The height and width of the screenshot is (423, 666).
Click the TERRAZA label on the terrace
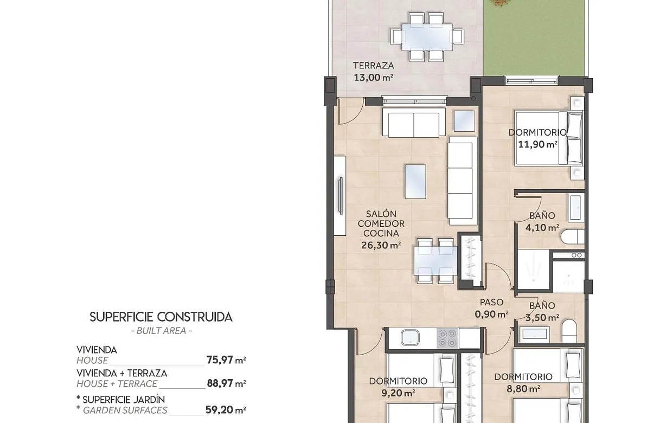(373, 66)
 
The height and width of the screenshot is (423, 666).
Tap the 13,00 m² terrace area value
(373, 78)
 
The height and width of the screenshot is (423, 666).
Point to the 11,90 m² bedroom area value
(537, 144)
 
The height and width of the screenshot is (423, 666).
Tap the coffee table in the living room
(415, 181)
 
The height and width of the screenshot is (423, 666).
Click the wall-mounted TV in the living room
(340, 195)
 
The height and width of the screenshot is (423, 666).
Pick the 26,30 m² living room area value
(381, 245)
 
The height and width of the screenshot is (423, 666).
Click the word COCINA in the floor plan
(381, 234)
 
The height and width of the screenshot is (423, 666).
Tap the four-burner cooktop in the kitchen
(448, 338)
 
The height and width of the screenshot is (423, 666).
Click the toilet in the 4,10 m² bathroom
(573, 238)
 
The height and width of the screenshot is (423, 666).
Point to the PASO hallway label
(491, 302)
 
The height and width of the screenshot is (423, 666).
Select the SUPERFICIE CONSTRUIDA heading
(161, 317)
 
